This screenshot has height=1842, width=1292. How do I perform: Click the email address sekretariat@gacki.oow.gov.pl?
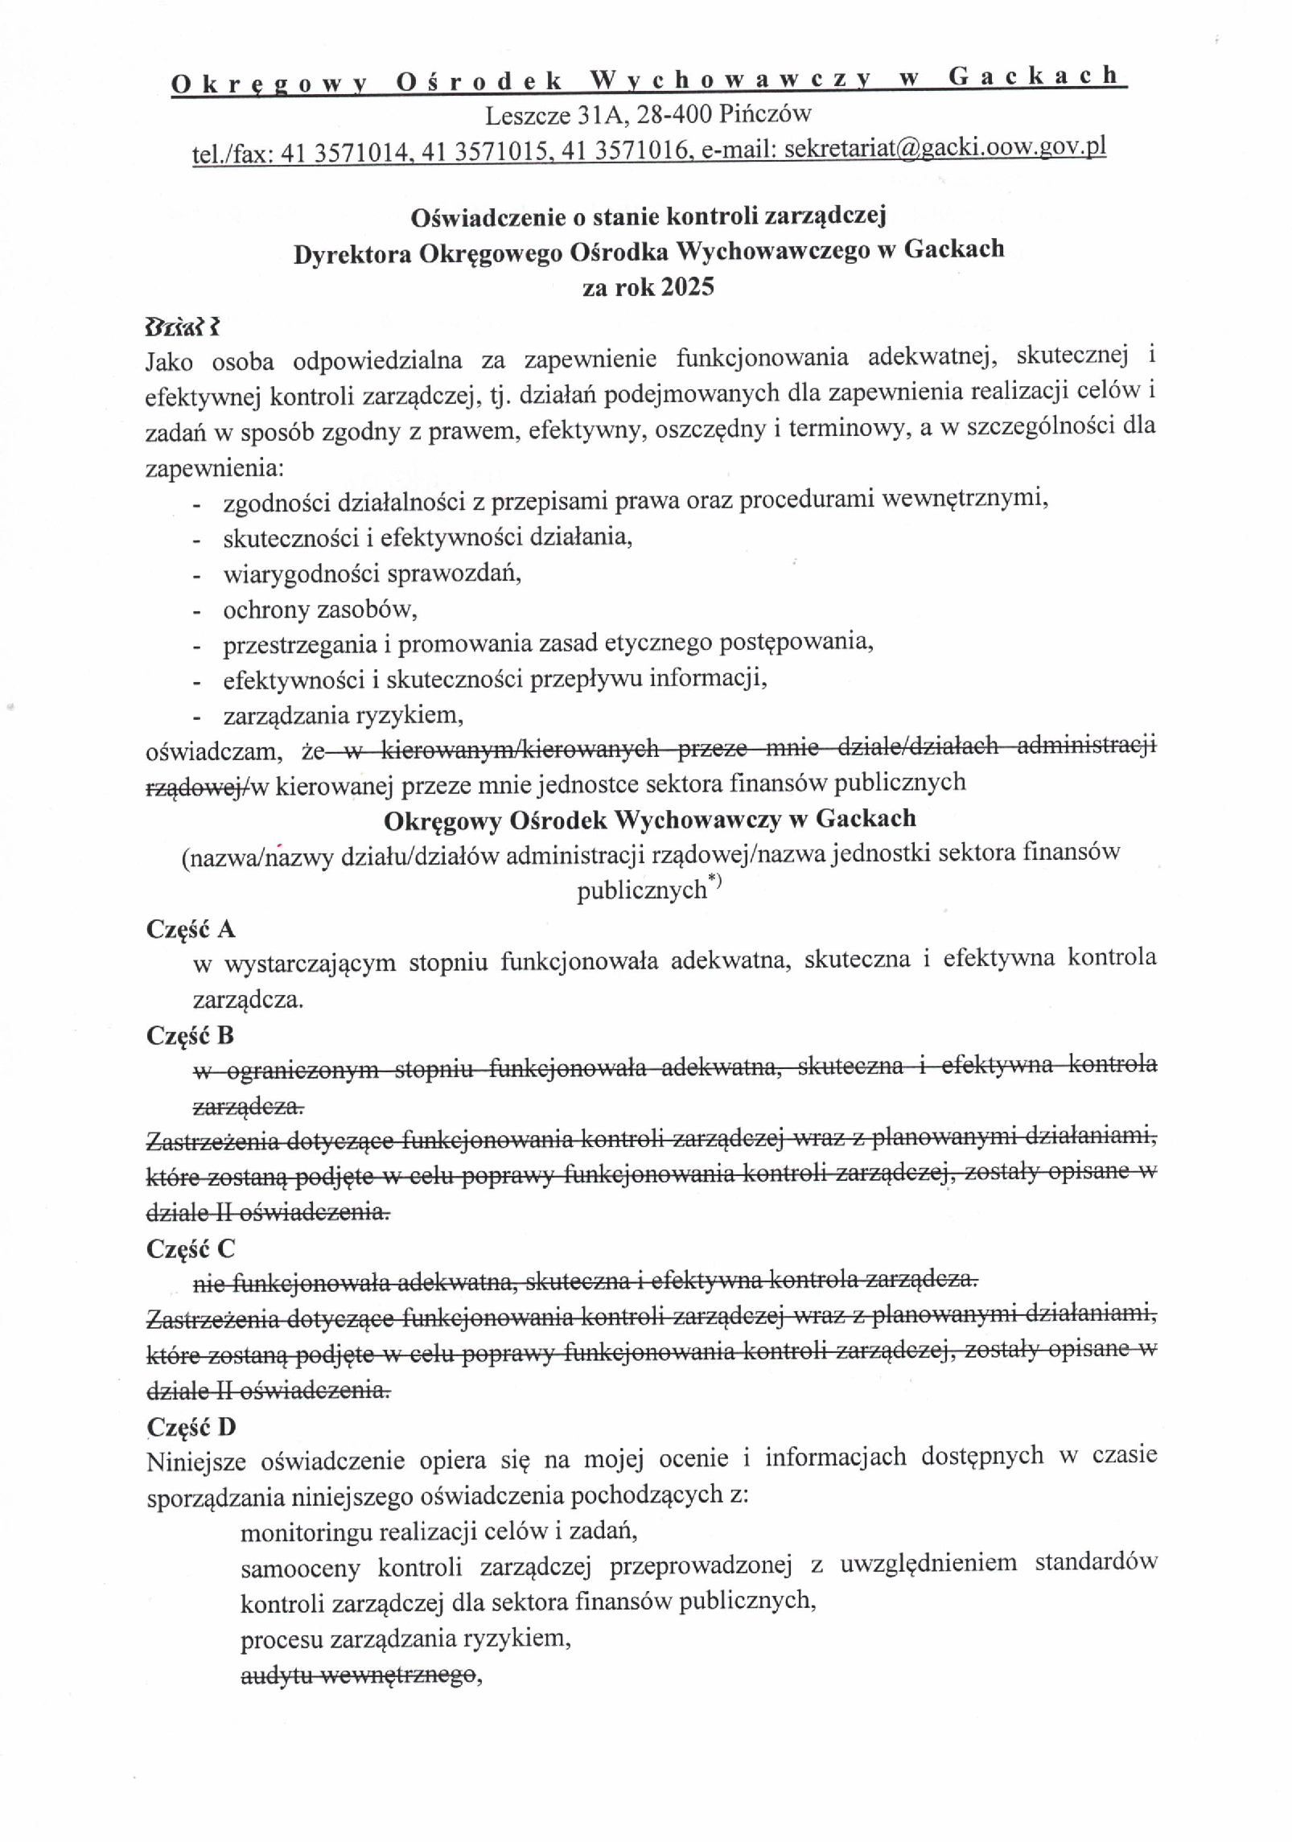[x=944, y=149]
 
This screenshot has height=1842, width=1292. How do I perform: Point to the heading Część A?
[x=191, y=929]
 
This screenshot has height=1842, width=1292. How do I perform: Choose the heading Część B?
[x=190, y=1035]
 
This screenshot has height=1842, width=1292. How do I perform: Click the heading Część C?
[x=191, y=1248]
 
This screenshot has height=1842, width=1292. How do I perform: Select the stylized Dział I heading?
[x=182, y=327]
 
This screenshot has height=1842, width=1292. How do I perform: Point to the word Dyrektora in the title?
[x=352, y=253]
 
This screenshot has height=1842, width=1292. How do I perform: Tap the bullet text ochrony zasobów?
[x=320, y=610]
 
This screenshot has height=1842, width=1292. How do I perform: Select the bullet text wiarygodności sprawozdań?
[x=372, y=574]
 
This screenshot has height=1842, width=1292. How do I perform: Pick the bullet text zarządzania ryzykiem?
[x=343, y=714]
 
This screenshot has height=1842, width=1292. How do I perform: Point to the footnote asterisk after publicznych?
[x=715, y=885]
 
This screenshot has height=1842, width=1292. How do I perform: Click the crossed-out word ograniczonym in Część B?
[x=302, y=1071]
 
